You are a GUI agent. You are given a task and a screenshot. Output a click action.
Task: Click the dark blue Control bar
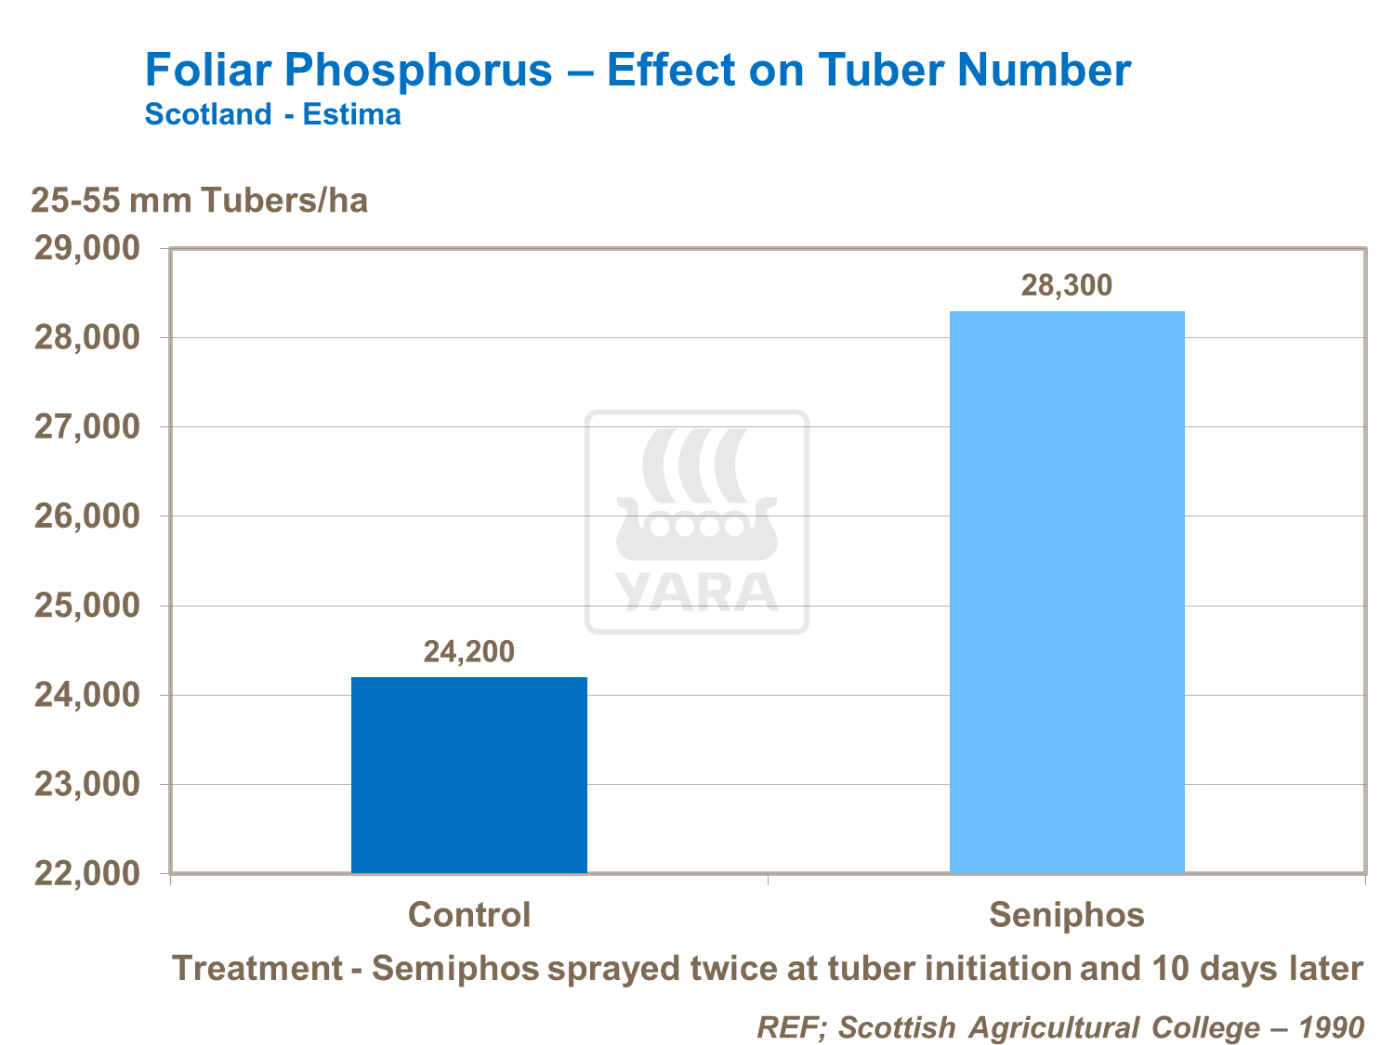[468, 775]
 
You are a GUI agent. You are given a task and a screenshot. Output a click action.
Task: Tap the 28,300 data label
[1066, 285]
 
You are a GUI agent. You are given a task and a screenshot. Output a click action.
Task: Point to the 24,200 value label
[468, 652]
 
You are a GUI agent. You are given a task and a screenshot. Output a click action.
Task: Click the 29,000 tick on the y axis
[86, 249]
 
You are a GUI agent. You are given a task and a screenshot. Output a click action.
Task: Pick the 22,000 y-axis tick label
[86, 874]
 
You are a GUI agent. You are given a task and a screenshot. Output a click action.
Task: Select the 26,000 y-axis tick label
[86, 516]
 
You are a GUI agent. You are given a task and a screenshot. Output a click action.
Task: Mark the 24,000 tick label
[86, 696]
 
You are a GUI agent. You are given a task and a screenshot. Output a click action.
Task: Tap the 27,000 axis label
[86, 427]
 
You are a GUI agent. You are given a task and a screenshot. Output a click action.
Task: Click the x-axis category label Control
[469, 915]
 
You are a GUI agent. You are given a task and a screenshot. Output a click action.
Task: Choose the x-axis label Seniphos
[1066, 915]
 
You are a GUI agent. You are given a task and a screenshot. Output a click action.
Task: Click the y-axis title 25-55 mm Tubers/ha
[200, 201]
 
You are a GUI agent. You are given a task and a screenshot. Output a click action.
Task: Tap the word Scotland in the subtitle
[208, 115]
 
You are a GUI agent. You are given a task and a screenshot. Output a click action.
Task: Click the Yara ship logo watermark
[696, 521]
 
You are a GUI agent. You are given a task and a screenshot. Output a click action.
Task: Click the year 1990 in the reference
[1331, 1027]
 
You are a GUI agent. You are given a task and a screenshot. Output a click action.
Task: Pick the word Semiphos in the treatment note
[455, 969]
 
